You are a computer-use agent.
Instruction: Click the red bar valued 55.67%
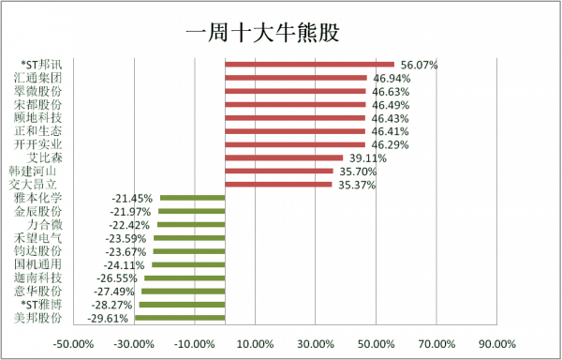tap(309, 65)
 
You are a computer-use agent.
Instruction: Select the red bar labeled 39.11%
tap(285, 158)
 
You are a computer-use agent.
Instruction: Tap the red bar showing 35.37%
tap(279, 185)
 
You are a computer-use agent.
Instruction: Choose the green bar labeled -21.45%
tap(192, 198)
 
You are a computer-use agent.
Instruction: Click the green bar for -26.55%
tap(185, 278)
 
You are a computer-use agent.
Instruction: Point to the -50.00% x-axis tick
tap(73, 343)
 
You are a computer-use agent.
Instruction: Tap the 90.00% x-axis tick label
tap(497, 343)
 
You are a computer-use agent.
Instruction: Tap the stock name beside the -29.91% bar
tap(38, 318)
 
